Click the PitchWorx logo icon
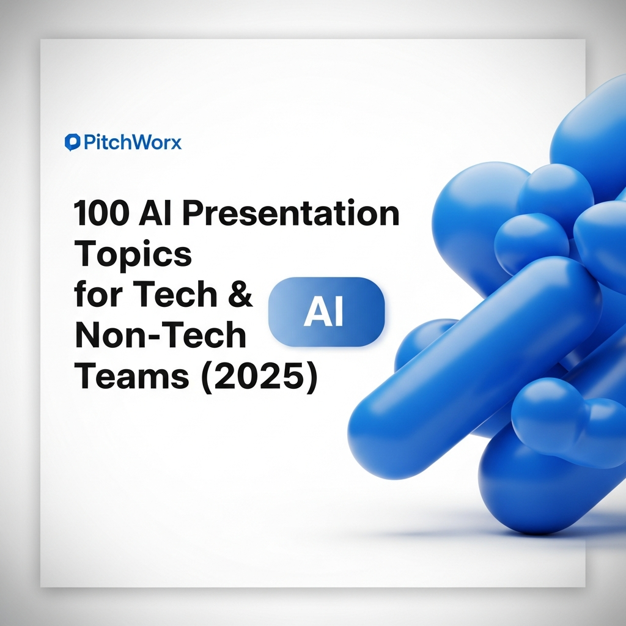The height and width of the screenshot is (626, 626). click(x=72, y=142)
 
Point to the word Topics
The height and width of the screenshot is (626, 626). click(x=133, y=254)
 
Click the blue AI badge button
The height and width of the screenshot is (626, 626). click(x=326, y=312)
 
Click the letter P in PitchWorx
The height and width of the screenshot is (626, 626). click(x=87, y=142)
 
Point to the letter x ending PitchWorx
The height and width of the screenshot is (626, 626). click(x=176, y=144)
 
